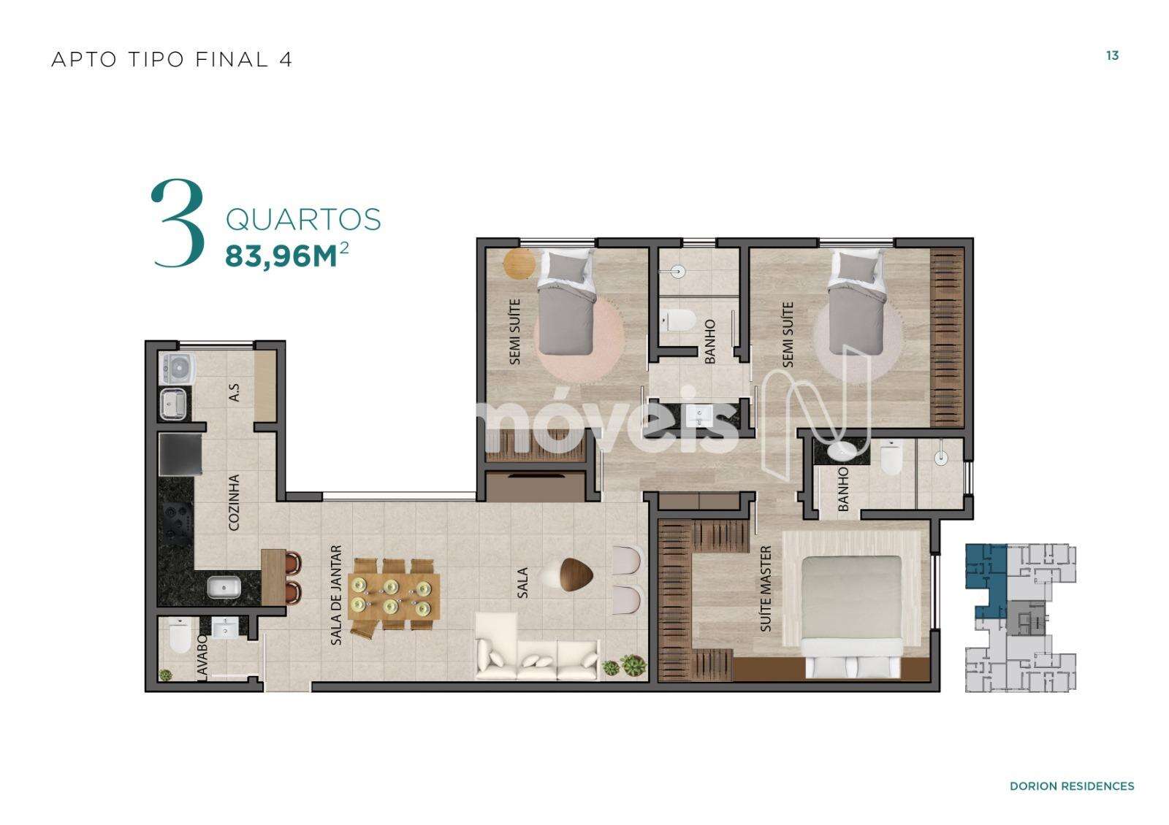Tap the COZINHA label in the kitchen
[234, 502]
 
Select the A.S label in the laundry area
[235, 393]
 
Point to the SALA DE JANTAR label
[337, 595]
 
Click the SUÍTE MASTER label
[766, 588]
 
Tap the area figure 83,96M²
[286, 255]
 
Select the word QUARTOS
[303, 220]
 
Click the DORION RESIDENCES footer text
[1072, 786]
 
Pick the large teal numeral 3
[178, 223]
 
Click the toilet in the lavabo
[180, 636]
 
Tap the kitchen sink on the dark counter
[224, 587]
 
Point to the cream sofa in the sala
[537, 647]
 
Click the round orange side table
[519, 264]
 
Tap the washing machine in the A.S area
[178, 369]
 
